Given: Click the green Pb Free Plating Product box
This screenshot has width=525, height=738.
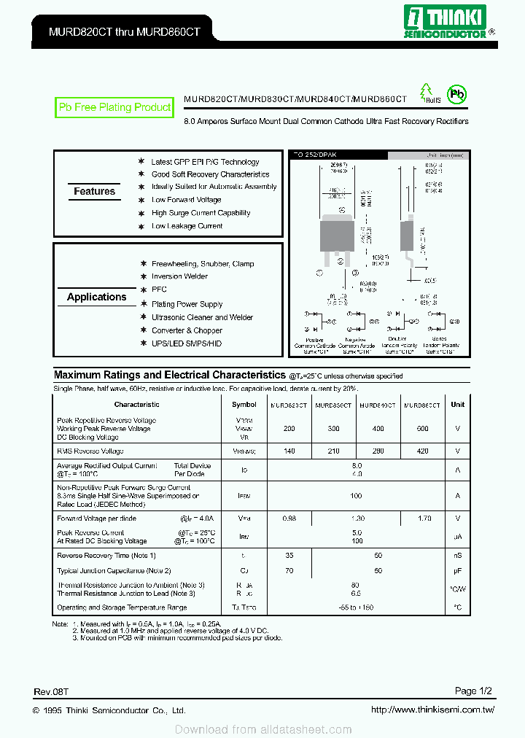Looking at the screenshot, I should tap(114, 107).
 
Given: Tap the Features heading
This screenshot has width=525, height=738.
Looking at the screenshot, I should tap(94, 192).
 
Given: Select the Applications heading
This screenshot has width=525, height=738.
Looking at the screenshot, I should tap(96, 298).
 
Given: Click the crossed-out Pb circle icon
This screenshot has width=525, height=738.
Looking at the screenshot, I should tap(456, 93).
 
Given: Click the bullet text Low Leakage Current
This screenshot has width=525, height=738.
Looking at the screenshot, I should tap(187, 227).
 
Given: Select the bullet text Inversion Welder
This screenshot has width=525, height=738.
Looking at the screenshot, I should tap(179, 277).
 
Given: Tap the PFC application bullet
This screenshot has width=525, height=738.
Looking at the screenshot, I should tap(159, 290).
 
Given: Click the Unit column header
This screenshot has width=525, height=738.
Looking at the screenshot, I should tap(457, 405).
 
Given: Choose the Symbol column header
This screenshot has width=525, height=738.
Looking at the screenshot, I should tap(244, 405).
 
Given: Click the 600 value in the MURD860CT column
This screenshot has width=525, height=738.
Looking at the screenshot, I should tap(423, 430).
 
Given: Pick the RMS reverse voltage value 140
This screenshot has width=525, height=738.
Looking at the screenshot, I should tap(289, 452).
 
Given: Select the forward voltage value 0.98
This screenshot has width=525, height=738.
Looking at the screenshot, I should tap(289, 519).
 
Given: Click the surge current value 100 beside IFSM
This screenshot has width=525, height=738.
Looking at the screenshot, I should tap(356, 496).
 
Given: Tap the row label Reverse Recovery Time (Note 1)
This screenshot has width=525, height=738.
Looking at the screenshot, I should tap(106, 556).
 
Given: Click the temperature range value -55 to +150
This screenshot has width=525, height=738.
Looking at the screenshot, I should tap(356, 607).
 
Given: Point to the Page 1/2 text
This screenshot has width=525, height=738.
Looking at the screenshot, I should tap(475, 691).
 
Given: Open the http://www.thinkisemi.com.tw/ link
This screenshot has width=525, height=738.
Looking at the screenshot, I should tap(432, 710).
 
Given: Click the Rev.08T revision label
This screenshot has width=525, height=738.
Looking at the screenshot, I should tap(50, 691).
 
